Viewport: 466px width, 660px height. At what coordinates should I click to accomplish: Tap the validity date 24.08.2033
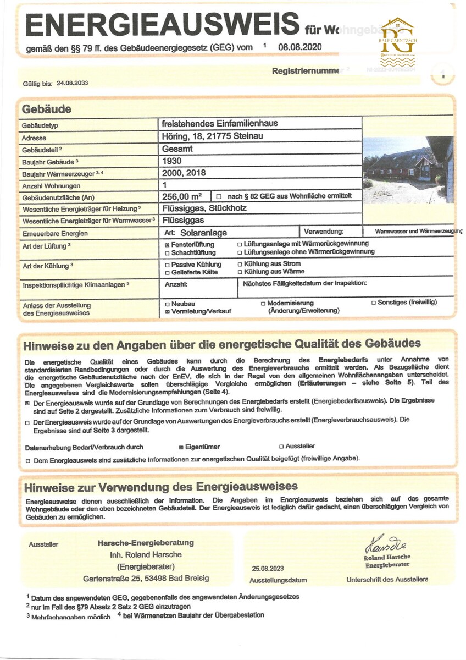(72, 84)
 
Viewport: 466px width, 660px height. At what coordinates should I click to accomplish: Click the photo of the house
(408, 169)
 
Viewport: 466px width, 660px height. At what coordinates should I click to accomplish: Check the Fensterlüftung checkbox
(167, 244)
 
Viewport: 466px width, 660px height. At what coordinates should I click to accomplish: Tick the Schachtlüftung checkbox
(167, 253)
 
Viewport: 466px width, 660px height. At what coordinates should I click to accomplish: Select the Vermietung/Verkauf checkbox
(167, 311)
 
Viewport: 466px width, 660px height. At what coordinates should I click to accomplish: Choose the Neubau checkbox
(167, 304)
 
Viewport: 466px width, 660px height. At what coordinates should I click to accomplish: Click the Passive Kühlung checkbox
(167, 264)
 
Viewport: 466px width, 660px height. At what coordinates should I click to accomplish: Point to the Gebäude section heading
(47, 109)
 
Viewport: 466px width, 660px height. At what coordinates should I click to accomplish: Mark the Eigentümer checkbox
(181, 447)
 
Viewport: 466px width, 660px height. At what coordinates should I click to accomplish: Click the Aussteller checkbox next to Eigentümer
(281, 447)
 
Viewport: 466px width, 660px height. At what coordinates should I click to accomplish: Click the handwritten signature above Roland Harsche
(386, 545)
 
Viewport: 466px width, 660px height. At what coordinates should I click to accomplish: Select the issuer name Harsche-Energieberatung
(146, 543)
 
